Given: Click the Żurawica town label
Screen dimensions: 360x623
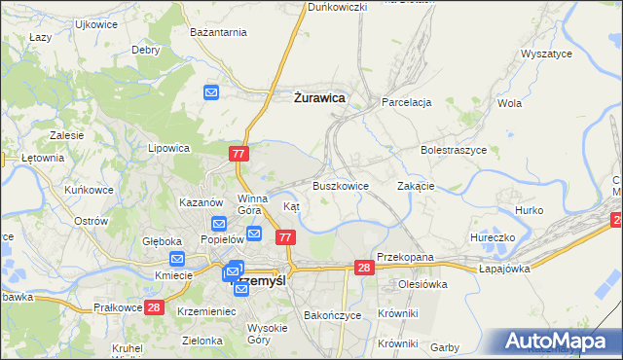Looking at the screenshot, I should pos(319,97).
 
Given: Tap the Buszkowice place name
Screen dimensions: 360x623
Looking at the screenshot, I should pos(340,185).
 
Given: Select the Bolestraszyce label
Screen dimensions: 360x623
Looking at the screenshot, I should pos(453,151).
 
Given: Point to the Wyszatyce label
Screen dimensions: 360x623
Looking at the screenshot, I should pos(546,54).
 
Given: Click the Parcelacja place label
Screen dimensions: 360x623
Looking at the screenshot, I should pos(407,102).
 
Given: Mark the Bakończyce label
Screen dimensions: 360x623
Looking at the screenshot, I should pos(333,315).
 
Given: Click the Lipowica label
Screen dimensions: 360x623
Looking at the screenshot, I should pos(167,149).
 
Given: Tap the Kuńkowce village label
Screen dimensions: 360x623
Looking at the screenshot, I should pos(87,190).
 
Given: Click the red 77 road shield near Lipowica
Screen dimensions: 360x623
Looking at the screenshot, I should pos(240,154).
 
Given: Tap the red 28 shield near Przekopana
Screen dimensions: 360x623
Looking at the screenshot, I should pos(364,268).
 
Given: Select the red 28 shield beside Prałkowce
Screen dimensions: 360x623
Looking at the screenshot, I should pos(154,307).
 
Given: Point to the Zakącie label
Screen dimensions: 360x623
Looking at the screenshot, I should pos(417,185).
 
